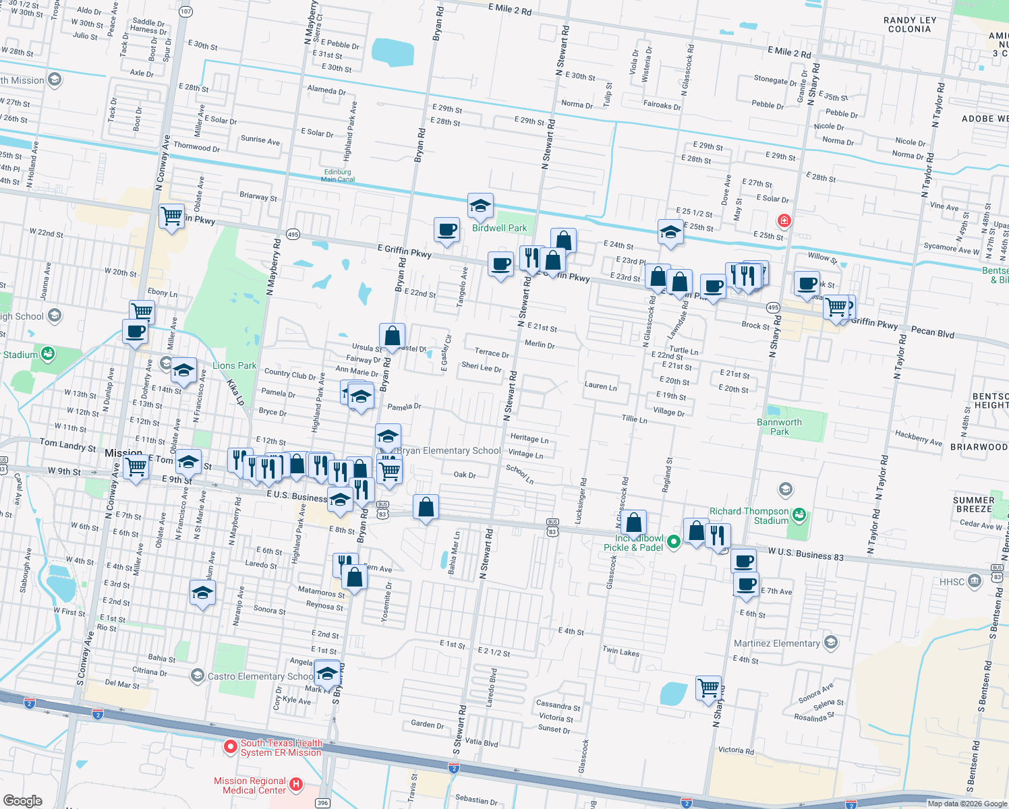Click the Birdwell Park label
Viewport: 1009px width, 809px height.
[x=499, y=229]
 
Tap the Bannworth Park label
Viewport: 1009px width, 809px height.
[x=779, y=427]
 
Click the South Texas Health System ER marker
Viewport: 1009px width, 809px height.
[x=230, y=747]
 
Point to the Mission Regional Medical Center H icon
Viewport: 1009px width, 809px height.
[x=295, y=784]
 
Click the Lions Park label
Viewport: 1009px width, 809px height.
[x=234, y=366]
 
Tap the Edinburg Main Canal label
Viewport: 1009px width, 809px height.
[x=337, y=176]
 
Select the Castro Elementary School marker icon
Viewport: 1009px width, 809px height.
[x=197, y=676]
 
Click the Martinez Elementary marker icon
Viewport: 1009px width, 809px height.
[x=831, y=642]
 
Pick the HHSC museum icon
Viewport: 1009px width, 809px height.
[x=974, y=581]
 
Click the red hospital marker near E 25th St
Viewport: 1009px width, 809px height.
[x=784, y=220]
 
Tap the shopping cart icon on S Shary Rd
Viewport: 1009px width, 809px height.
[x=708, y=688]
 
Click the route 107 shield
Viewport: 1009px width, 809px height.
[x=186, y=11]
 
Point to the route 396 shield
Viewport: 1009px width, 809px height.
[x=322, y=803]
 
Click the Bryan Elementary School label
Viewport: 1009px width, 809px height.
[x=449, y=451]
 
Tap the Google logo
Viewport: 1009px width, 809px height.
[x=22, y=800]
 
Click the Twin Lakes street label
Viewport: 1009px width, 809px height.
[x=621, y=652]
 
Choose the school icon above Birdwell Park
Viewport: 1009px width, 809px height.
[x=480, y=206]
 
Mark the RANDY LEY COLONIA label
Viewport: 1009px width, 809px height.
[x=909, y=25]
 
